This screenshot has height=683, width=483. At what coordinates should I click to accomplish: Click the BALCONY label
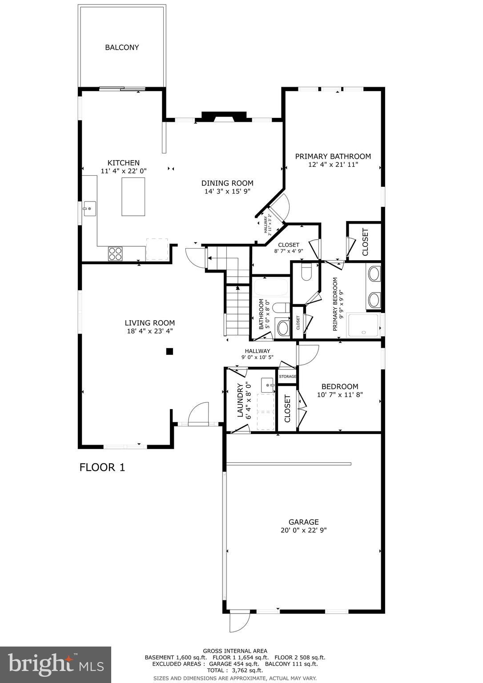(122, 47)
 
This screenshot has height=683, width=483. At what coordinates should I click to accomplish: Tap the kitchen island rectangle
(133, 197)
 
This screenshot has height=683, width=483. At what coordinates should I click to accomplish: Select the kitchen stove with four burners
(115, 253)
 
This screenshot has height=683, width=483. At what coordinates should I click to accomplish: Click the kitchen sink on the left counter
(89, 208)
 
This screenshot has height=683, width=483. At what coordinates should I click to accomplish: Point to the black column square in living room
(169, 352)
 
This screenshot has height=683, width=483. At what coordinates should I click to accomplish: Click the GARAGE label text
(303, 522)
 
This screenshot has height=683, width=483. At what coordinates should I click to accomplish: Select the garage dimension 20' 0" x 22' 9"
(303, 530)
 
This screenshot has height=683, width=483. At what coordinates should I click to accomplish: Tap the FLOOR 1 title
(102, 467)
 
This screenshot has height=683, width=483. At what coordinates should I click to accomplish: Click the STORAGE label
(287, 377)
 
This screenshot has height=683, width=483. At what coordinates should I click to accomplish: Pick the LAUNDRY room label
(240, 400)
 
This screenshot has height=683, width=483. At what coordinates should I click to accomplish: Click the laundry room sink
(267, 384)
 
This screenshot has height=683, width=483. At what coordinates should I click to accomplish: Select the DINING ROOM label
(227, 183)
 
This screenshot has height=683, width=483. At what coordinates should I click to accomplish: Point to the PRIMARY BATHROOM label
(333, 156)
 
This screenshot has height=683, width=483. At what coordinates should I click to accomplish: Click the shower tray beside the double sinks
(364, 325)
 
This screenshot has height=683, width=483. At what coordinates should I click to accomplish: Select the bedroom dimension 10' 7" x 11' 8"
(340, 394)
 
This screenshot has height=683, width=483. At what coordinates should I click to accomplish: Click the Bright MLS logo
(56, 664)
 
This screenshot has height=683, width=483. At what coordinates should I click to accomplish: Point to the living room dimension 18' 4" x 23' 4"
(149, 331)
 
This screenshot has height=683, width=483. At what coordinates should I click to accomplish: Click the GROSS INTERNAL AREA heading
(235, 651)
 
